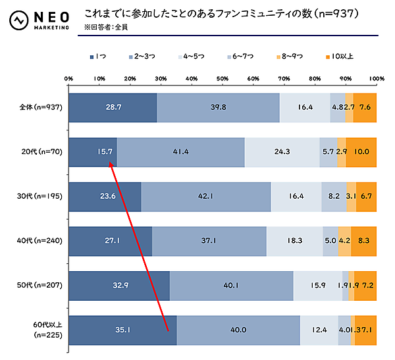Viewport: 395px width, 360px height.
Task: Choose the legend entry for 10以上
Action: [x=337, y=56]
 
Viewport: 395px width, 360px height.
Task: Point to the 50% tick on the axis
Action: [x=223, y=78]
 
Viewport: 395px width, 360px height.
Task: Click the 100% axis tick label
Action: [x=377, y=78]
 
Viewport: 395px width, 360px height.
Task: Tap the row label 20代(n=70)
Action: [x=42, y=151]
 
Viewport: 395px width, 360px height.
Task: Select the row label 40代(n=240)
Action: [x=41, y=241]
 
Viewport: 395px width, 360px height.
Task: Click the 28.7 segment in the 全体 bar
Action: [x=113, y=107]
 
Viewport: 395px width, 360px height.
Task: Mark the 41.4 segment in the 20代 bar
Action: [x=180, y=151]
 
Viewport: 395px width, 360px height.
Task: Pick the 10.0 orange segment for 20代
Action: [x=361, y=151]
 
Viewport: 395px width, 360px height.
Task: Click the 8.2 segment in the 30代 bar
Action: [x=334, y=196]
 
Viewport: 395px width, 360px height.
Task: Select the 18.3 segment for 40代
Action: [x=295, y=241]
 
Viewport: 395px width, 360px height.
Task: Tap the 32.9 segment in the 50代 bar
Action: [x=118, y=286]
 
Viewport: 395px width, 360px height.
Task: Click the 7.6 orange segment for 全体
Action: [x=365, y=107]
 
